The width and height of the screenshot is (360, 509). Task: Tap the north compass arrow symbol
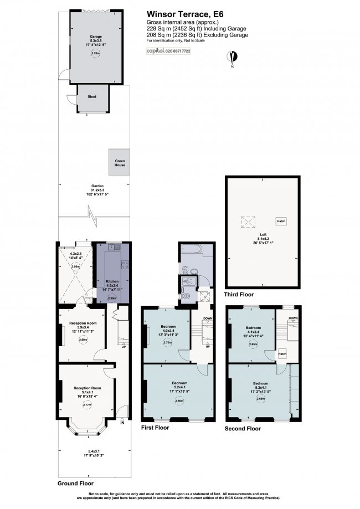coord(235,57)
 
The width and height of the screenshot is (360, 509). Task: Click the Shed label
coord(92,97)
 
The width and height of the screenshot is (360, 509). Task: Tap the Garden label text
coord(91,186)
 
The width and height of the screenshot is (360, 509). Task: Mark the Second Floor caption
coord(243,428)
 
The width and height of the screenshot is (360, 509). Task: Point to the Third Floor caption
coord(239,294)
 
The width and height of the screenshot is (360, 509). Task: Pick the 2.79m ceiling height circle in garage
coord(95,54)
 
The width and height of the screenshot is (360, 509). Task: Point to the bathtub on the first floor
coord(196,254)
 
